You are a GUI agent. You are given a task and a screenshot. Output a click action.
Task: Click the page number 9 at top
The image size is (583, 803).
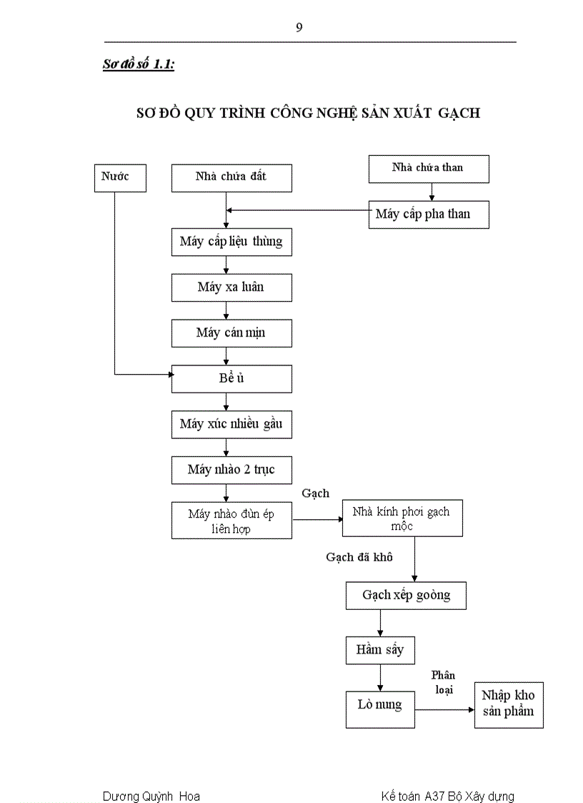299,28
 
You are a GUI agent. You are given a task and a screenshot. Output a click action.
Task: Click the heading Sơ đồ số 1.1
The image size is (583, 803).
139,64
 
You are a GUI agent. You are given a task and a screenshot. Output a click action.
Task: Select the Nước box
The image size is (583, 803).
119,177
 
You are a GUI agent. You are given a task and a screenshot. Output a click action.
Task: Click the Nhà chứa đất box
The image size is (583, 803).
231,177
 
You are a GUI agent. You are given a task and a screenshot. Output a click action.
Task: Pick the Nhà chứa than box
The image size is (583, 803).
428,169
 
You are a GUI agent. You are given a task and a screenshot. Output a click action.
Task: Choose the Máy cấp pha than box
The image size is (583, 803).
428,215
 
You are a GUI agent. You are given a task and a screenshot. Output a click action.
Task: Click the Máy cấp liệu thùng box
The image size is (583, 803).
231,242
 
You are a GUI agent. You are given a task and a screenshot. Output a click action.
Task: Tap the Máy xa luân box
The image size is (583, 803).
231,287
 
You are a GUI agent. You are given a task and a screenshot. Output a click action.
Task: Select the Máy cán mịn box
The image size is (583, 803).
231,333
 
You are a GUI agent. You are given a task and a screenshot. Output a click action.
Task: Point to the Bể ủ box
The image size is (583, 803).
231,379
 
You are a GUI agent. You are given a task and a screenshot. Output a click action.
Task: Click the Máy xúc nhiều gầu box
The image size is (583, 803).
231,425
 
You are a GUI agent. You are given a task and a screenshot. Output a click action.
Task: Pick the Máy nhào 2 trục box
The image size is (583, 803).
231,470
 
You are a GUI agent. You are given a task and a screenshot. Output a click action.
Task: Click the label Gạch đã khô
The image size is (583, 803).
359,557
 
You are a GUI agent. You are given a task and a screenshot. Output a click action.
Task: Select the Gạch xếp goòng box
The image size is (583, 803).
406,595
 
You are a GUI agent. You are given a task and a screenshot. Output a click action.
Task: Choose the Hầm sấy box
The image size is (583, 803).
380,650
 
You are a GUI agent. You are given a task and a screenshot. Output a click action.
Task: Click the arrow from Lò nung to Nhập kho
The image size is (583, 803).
444,709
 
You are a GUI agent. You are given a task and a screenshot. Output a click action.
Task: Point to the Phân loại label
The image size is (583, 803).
444,682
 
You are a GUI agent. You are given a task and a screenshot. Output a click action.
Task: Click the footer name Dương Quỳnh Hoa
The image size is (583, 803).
151,796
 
